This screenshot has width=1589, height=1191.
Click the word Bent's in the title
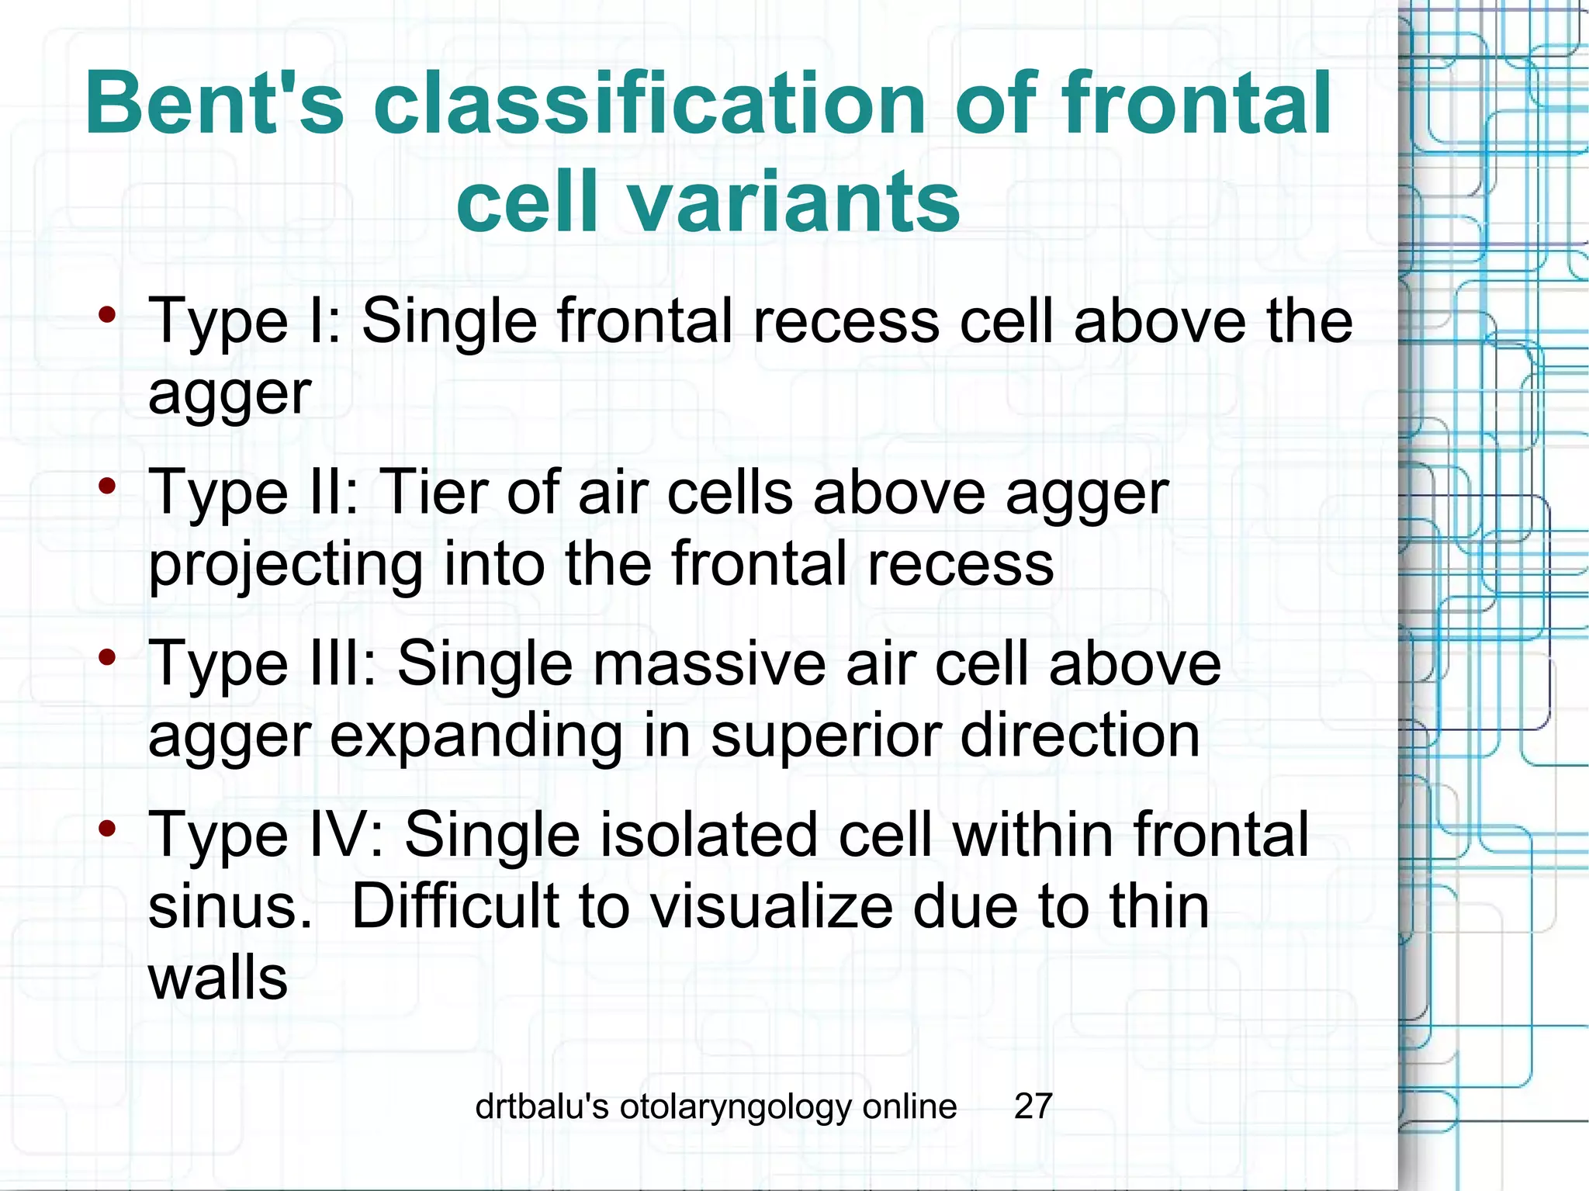(x=214, y=103)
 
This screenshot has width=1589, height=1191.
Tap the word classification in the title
(x=649, y=103)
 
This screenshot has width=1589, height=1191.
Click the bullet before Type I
(x=107, y=315)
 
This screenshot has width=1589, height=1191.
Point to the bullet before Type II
(x=107, y=486)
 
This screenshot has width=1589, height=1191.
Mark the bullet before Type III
(x=107, y=658)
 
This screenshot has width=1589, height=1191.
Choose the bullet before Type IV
(x=107, y=829)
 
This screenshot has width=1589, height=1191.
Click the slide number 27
(x=1033, y=1106)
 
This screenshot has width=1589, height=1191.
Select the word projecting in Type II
(x=285, y=565)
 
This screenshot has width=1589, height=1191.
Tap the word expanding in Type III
(x=476, y=736)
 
